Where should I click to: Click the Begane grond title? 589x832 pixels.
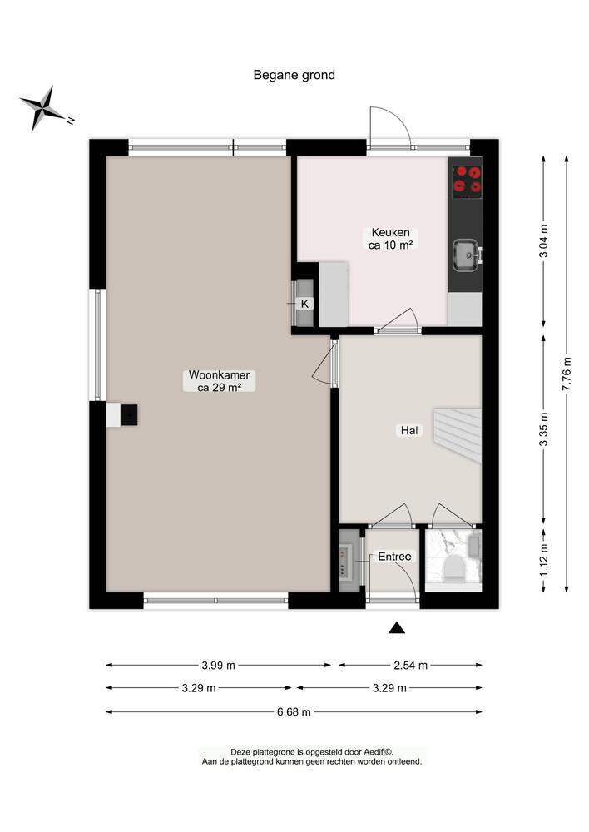click(x=294, y=75)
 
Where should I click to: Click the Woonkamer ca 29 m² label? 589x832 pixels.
click(x=219, y=381)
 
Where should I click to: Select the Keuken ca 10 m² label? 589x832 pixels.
click(x=391, y=239)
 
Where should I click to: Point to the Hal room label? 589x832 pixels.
click(x=409, y=431)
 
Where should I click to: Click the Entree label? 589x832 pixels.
click(x=394, y=557)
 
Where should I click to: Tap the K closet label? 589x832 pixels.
click(x=304, y=304)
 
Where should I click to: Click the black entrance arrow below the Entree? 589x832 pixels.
click(x=398, y=628)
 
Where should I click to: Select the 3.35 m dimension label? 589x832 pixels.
click(x=544, y=430)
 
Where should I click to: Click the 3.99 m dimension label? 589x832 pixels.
click(x=219, y=665)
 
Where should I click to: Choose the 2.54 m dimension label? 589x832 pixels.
click(x=410, y=665)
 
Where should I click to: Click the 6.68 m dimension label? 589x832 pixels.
click(x=294, y=711)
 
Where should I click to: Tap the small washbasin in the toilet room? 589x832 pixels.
click(x=474, y=546)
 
